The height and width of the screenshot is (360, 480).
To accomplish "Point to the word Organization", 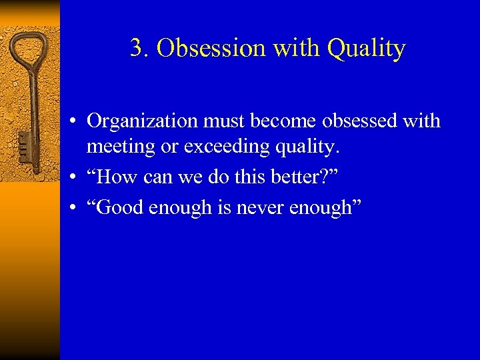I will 142,121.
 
